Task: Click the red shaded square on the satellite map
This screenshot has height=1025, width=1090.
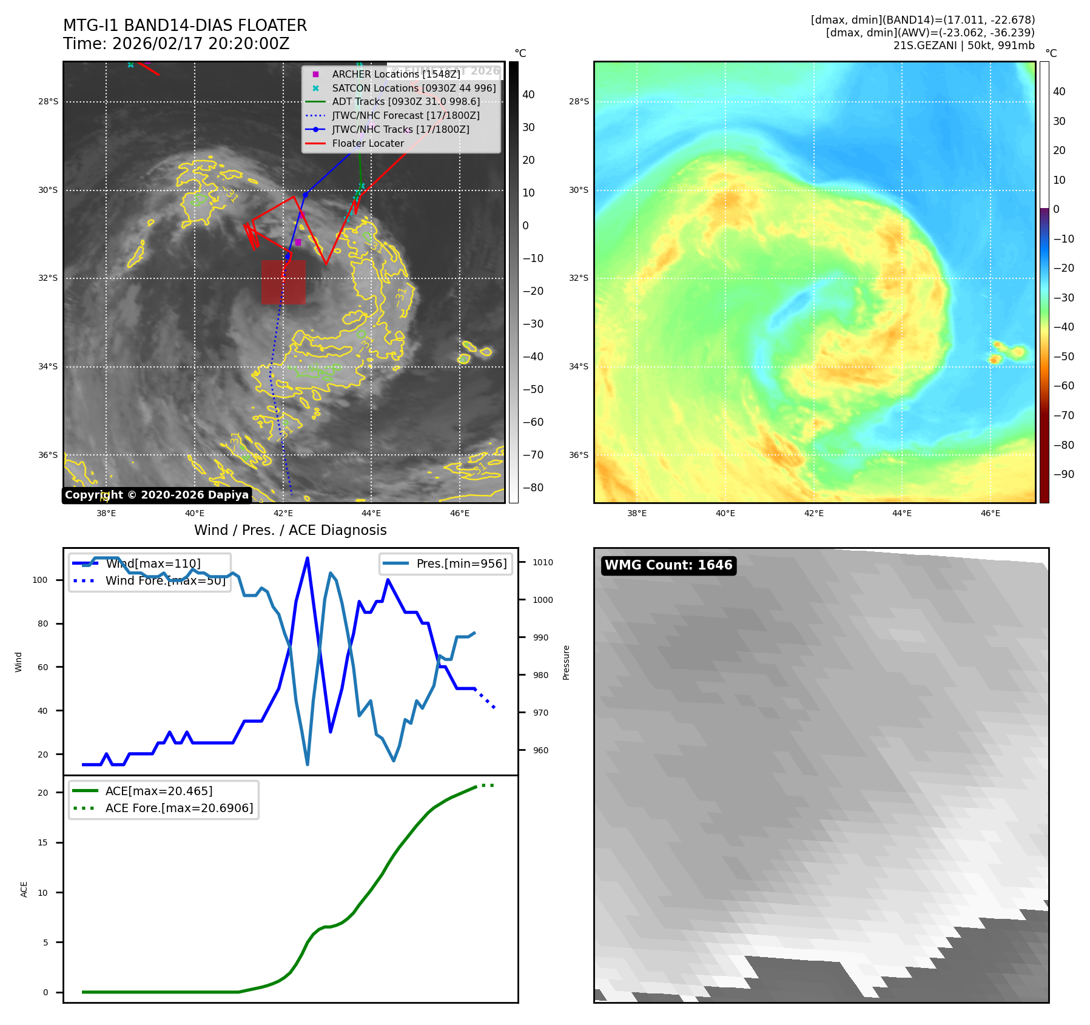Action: [x=283, y=282]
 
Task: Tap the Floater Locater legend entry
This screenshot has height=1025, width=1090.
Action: [x=368, y=143]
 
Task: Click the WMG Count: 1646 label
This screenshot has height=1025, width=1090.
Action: [x=668, y=565]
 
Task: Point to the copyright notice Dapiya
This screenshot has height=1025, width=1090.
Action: [x=156, y=495]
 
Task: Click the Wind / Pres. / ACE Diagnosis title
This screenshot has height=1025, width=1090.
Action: [x=290, y=530]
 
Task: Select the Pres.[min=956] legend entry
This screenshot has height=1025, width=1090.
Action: [x=461, y=563]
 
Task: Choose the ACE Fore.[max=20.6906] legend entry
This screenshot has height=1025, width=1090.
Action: [x=179, y=808]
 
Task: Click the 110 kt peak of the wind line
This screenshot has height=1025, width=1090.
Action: [x=308, y=558]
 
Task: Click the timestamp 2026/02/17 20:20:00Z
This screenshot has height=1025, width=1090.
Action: [x=201, y=44]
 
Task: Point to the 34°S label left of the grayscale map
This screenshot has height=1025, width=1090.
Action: [x=48, y=366]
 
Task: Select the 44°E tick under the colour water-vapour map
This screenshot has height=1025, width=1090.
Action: [x=902, y=513]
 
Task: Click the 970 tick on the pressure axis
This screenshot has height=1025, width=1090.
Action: [x=540, y=713]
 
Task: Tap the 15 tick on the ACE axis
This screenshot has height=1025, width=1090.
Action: [x=42, y=842]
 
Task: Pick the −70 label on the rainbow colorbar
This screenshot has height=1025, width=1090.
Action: [x=1063, y=415]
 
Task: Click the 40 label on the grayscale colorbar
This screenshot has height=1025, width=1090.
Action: [x=528, y=95]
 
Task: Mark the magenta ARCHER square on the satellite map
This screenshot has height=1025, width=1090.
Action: [x=298, y=242]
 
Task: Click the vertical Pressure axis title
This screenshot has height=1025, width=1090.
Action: [x=566, y=662]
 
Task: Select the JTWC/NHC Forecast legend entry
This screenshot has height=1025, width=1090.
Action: [x=405, y=115]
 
